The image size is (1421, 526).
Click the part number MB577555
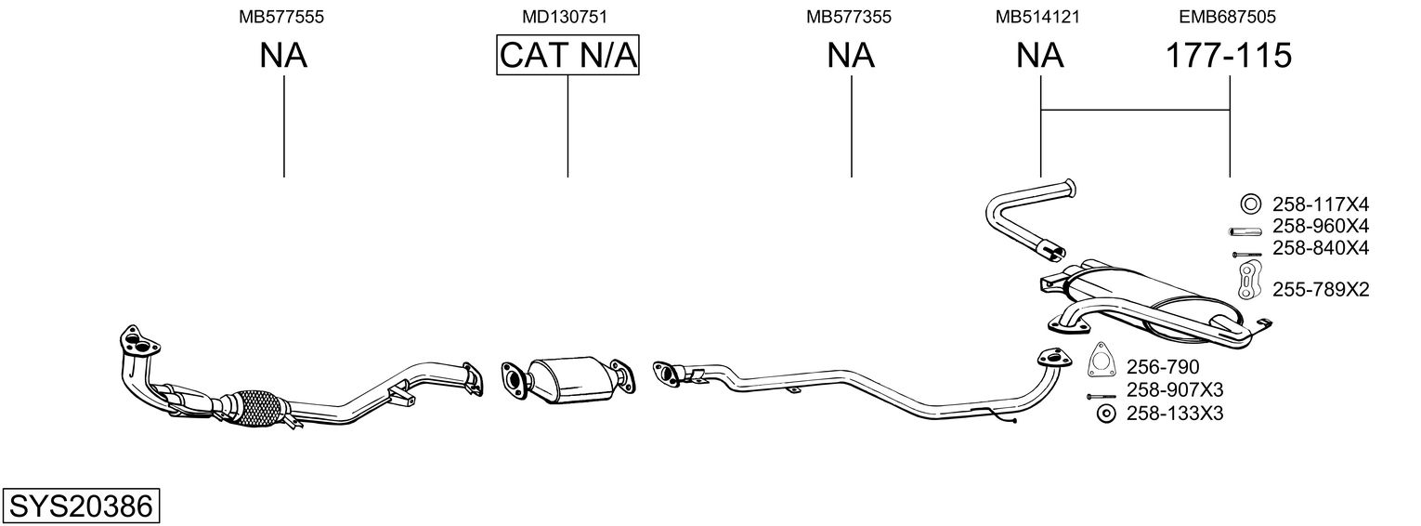coord(281,17)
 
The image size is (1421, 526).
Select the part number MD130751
coord(565,17)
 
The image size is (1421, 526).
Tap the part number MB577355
coord(849,17)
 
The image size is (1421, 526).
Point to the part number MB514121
coord(1037,17)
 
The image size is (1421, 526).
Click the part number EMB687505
coord(1228,17)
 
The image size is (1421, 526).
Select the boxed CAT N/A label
coord(567,55)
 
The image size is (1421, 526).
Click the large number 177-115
coord(1229,55)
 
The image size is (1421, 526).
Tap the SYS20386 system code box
coord(81,506)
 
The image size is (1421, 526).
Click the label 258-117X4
coord(1321,205)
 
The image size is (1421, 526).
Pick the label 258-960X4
coord(1321,227)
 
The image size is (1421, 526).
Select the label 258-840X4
coord(1321,248)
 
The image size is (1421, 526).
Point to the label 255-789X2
coord(1321,290)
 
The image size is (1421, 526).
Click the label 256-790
coord(1163,367)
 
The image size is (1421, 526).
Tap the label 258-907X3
coord(1175,389)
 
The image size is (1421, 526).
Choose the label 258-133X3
coord(1175,414)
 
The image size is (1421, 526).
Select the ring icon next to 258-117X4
coord(1250,204)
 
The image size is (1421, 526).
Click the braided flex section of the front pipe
coord(256,406)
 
